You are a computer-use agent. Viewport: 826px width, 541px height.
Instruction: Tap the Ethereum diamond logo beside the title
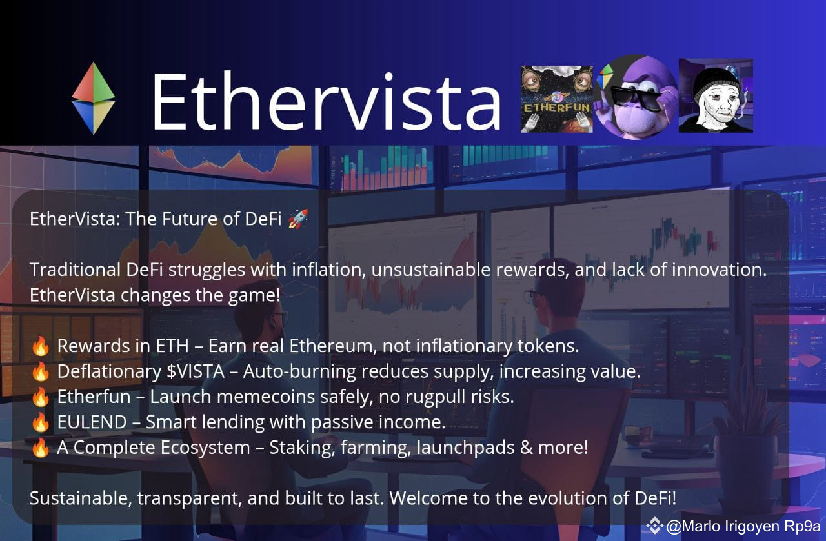94,99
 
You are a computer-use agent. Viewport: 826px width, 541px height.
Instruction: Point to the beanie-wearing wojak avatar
716,96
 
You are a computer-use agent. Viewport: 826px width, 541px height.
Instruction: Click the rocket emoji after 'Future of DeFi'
297,219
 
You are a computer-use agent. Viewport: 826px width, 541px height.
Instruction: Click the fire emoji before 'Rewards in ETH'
40,346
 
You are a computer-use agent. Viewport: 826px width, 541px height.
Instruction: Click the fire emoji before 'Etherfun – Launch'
40,397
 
